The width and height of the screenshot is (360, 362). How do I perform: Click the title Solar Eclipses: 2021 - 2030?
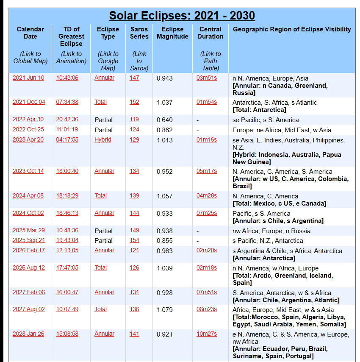pos(182,16)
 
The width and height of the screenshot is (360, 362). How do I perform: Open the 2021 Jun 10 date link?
pos(28,78)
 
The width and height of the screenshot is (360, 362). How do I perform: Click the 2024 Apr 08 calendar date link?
pos(28,195)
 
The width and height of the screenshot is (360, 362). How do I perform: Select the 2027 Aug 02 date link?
pos(28,309)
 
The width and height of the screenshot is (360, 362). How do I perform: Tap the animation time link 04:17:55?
pos(67,139)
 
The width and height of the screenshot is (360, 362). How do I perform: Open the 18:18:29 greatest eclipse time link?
pos(67,195)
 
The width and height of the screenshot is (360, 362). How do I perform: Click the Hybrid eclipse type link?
pos(102,139)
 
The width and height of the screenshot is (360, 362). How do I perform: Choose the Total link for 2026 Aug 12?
pos(100,267)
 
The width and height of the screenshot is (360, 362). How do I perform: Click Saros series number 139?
pos(134,195)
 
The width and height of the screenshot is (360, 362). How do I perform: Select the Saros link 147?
pos(134,78)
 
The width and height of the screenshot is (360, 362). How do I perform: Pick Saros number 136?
pos(134,309)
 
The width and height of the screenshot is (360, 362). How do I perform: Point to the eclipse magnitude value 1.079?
pos(165,310)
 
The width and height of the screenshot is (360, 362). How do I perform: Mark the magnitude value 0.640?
pos(165,120)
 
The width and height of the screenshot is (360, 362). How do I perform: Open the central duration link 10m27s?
pos(207,334)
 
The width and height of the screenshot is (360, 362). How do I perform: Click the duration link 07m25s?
pos(207,213)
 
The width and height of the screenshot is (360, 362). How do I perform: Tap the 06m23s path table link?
pos(207,309)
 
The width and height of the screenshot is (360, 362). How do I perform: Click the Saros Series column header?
pos(139,33)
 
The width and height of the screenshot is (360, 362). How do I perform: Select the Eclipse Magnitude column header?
pos(172,33)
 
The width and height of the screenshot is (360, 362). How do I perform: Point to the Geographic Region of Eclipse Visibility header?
pos(292,29)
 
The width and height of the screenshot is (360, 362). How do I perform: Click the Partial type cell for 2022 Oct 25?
pos(103,130)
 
